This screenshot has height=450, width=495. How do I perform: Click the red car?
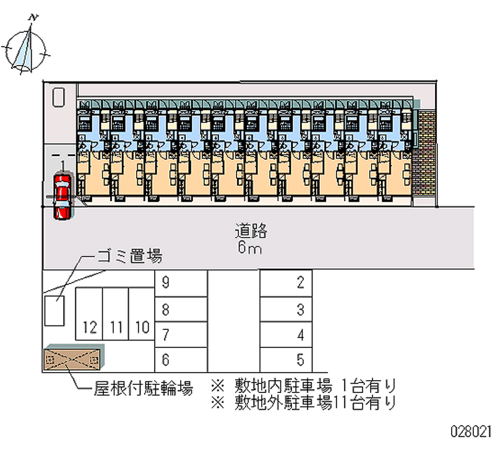coord(62,196)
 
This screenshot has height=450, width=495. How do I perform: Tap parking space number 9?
coord(180,284)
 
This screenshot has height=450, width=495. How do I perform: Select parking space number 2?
coord(286,284)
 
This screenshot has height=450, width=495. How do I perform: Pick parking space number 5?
coord(286,358)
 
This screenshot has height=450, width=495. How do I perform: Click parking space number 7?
coord(180,335)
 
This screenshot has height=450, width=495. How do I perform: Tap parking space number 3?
coord(286,309)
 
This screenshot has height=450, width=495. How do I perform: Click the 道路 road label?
coord(251,231)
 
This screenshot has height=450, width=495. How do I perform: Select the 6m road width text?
coord(251,249)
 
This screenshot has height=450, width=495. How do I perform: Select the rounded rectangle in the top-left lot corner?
coord(59,97)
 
